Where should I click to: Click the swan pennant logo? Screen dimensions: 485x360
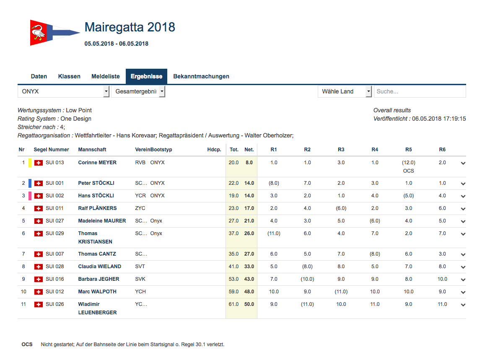(x=54, y=33)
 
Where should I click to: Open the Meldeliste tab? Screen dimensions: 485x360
(x=106, y=76)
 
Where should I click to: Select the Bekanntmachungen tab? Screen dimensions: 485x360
(x=201, y=76)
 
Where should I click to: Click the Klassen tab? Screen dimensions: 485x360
(x=69, y=76)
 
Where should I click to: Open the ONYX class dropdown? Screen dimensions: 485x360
(x=63, y=91)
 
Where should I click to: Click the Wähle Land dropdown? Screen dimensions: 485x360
(x=345, y=91)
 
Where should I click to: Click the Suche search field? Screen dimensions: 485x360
(x=420, y=91)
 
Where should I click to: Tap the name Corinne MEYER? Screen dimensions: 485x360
(x=97, y=163)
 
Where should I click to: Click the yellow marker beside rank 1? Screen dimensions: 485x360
(x=30, y=163)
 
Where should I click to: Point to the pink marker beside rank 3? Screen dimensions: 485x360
(x=30, y=196)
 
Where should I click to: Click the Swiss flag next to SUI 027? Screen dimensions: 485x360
(x=38, y=221)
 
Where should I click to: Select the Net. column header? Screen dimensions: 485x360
(x=249, y=150)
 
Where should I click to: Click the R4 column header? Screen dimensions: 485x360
(x=375, y=150)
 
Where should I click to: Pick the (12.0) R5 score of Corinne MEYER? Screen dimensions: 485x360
(x=409, y=163)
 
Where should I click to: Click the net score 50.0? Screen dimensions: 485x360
(x=249, y=304)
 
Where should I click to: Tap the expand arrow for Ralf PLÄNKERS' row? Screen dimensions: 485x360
(x=463, y=209)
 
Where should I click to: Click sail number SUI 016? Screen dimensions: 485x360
(x=55, y=279)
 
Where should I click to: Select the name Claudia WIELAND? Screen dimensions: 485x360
(x=100, y=267)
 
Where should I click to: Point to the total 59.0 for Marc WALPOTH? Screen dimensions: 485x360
(x=233, y=292)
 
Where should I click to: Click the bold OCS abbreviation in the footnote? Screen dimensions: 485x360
(x=27, y=344)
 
